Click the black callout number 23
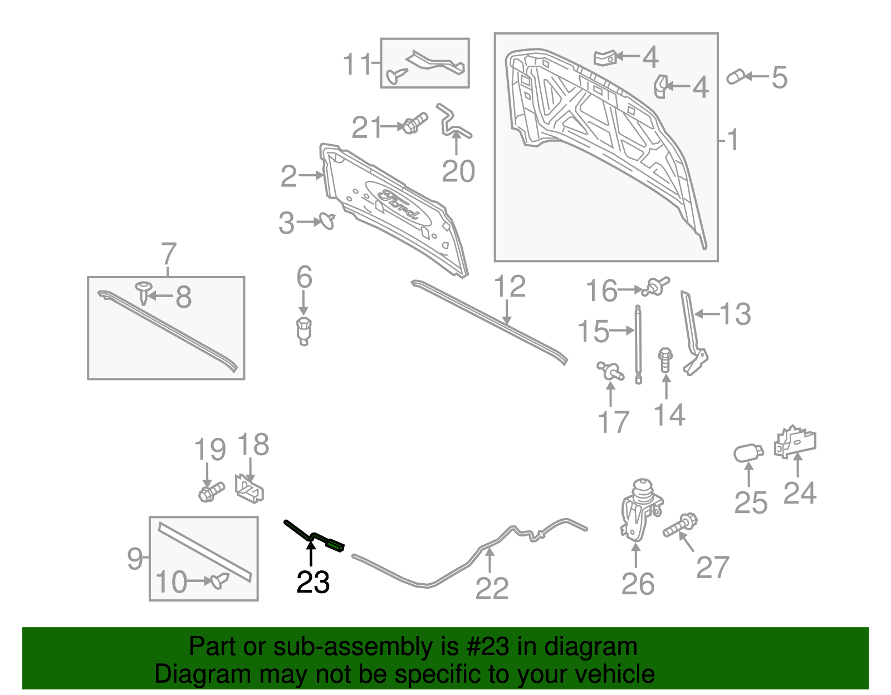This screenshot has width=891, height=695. [313, 582]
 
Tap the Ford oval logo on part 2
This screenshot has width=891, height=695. [398, 204]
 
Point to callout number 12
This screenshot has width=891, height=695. [510, 286]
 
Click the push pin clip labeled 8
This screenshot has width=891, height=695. [143, 292]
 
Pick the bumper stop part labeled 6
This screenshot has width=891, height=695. [303, 331]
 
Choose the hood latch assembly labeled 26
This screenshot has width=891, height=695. [640, 510]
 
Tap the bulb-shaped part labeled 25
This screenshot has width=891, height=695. [748, 453]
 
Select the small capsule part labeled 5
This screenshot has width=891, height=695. [736, 77]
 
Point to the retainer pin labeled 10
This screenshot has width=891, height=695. [219, 581]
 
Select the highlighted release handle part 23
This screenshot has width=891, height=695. [314, 536]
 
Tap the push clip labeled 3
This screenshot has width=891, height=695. [327, 221]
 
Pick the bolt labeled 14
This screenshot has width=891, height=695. [665, 360]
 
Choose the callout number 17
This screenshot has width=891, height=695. [614, 422]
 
